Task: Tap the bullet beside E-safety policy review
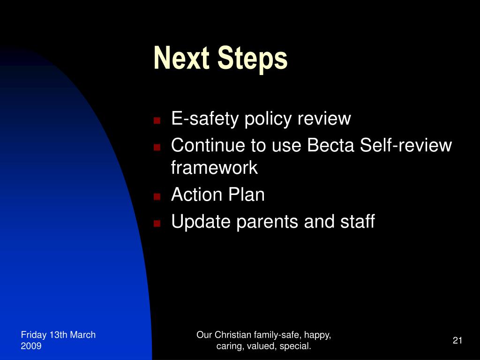157,120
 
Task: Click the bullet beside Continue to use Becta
157,147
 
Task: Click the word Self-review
406,146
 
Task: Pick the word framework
214,168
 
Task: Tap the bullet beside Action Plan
157,196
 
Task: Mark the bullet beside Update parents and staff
157,223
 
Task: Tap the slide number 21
457,340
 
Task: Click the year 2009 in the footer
31,346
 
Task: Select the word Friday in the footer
33,335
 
